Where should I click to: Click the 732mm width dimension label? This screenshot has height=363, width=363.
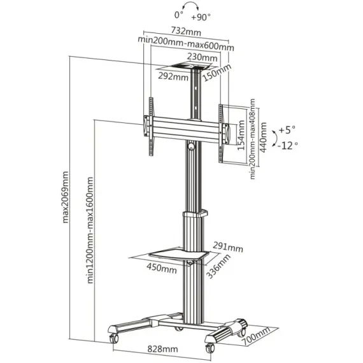(186, 30)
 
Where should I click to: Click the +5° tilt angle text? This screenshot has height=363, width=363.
(287, 129)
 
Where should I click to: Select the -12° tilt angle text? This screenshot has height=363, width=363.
(287, 145)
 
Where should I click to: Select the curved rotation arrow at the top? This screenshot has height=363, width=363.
(185, 8)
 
